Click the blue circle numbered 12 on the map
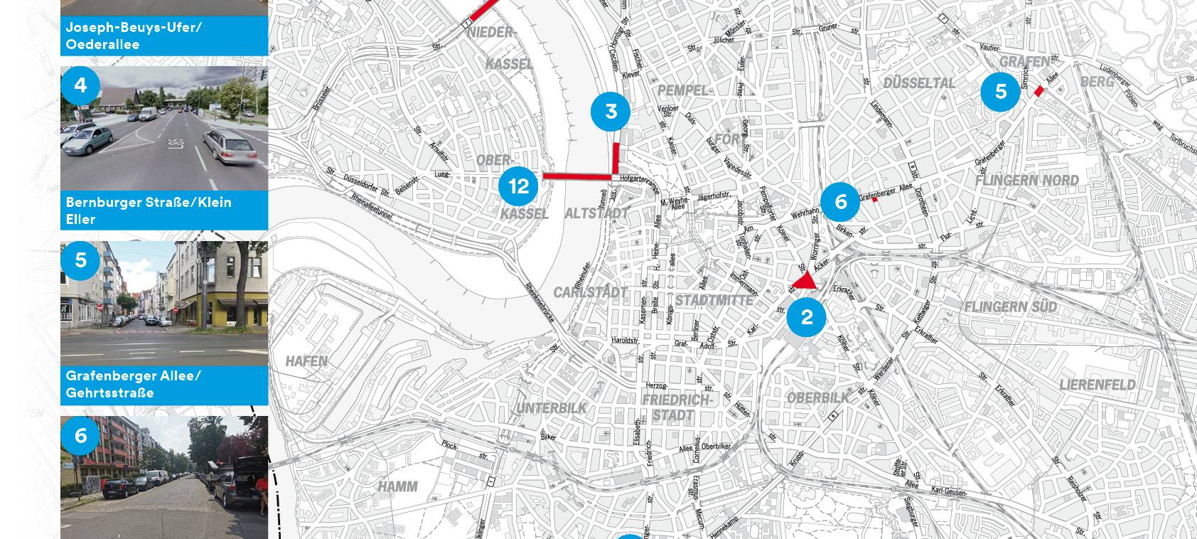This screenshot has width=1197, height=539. tap(519, 186)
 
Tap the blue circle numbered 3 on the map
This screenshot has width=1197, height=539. tap(611, 112)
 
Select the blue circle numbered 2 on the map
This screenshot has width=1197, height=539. tap(806, 317)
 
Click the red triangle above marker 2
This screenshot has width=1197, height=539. tap(806, 282)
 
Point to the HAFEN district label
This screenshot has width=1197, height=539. tap(306, 361)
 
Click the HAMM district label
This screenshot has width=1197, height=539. tap(397, 486)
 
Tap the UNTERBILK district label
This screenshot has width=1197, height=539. tap(552, 408)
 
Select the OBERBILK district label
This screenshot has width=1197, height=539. tap(817, 398)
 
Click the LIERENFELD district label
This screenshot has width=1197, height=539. tap(1097, 385)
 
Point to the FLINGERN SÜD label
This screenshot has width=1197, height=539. tap(1010, 306)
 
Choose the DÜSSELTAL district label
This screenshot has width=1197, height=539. tap(919, 83)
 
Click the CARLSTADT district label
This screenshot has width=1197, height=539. tap(590, 292)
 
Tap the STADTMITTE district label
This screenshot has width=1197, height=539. tap(714, 300)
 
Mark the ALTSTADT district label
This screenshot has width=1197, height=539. tap(596, 213)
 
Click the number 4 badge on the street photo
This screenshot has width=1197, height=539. tap(80, 85)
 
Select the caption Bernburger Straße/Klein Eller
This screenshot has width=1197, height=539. tap(149, 210)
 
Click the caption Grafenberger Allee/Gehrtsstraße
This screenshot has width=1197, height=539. tap(133, 384)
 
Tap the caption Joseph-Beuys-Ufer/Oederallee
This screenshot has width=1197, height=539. tap(134, 36)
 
